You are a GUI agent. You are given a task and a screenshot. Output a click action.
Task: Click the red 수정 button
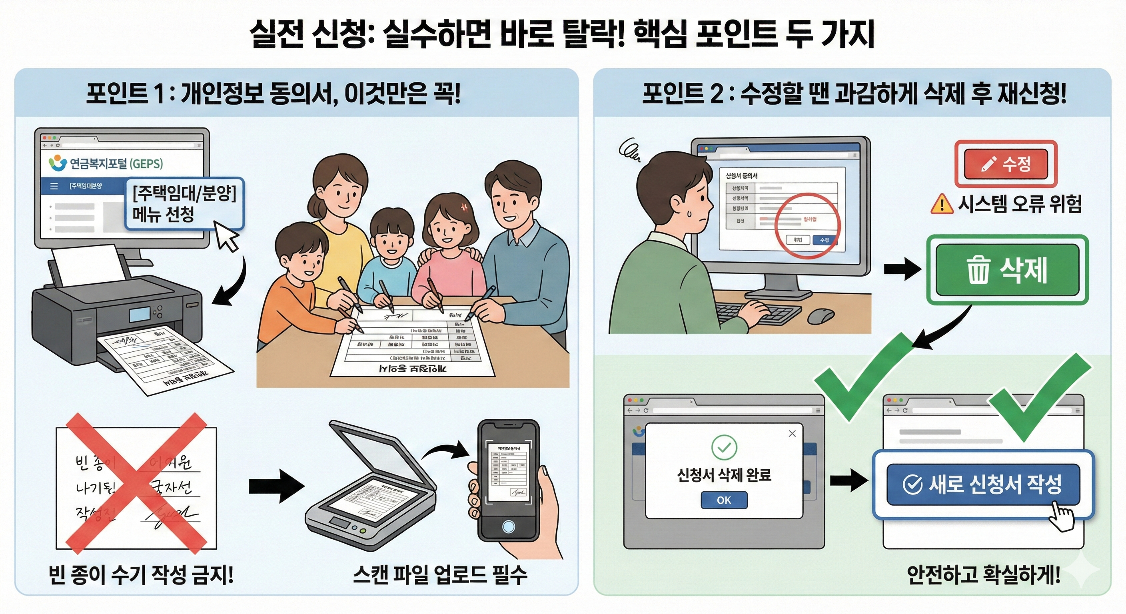1006,164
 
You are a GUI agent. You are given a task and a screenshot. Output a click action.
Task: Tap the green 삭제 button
1007,270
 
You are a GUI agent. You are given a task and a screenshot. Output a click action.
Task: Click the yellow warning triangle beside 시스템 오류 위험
942,204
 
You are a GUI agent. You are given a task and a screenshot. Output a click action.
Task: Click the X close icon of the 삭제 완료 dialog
792,433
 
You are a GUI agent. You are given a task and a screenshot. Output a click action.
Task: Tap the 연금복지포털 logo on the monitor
58,163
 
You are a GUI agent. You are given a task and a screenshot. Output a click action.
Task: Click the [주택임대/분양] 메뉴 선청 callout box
184,203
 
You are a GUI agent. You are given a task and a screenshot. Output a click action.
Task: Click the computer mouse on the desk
821,315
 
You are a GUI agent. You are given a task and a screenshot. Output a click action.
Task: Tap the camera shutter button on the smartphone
508,526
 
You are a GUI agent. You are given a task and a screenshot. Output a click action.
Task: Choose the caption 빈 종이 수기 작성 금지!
141,575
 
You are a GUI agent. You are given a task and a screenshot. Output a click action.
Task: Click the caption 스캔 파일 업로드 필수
440,575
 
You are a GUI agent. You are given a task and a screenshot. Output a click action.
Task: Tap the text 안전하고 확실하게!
984,575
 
